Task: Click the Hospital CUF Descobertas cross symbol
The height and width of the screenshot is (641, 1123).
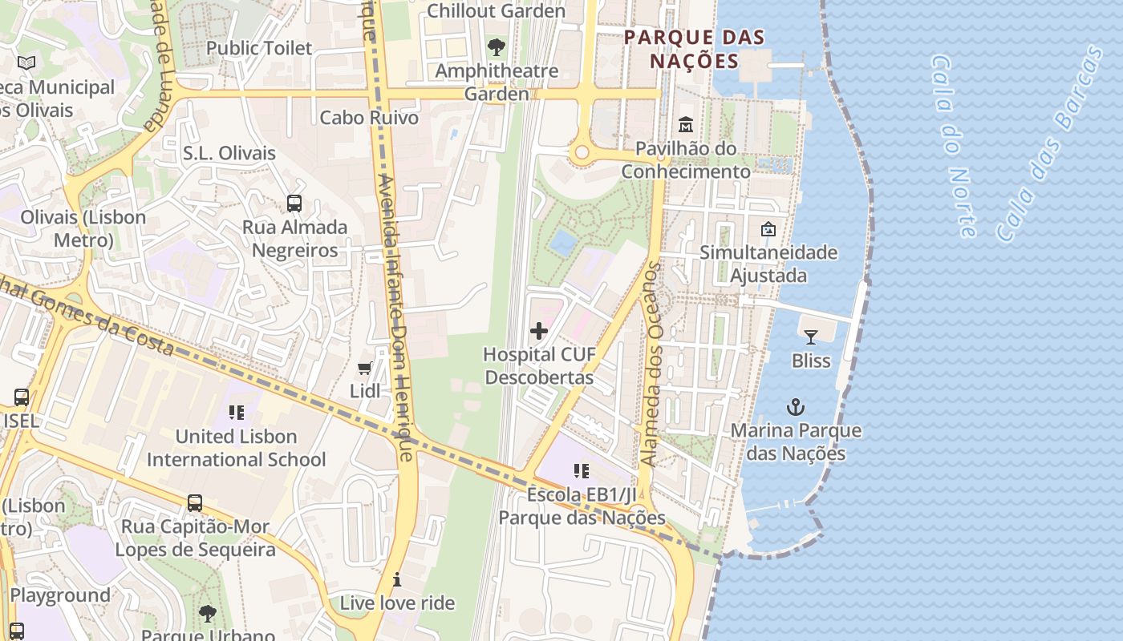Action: pyautogui.click(x=539, y=330)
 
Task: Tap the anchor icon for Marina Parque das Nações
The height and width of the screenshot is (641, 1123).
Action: pyautogui.click(x=795, y=407)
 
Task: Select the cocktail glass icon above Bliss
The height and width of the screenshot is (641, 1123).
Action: pyautogui.click(x=811, y=337)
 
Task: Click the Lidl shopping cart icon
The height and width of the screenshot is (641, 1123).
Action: pyautogui.click(x=365, y=368)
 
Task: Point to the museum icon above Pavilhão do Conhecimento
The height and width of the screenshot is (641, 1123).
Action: pyautogui.click(x=686, y=125)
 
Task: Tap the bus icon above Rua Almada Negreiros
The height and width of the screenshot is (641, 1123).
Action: pyautogui.click(x=294, y=204)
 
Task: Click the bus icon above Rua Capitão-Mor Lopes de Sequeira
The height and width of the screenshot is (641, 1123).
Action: pyautogui.click(x=195, y=503)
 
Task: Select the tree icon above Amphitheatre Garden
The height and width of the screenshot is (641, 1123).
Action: pyautogui.click(x=497, y=47)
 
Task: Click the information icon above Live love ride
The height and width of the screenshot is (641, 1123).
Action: pyautogui.click(x=396, y=579)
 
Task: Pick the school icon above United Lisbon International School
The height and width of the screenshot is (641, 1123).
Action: pyautogui.click(x=236, y=413)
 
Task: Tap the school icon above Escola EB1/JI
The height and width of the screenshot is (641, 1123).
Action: pyautogui.click(x=582, y=471)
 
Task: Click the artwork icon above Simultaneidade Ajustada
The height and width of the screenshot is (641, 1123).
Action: pyautogui.click(x=768, y=229)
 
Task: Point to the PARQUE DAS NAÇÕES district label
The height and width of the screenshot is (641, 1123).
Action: pyautogui.click(x=694, y=49)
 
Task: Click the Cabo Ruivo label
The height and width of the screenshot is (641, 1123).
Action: pyautogui.click(x=369, y=118)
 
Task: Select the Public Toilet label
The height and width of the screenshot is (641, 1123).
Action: pyautogui.click(x=259, y=48)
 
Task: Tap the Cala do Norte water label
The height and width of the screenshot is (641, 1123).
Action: pyautogui.click(x=954, y=146)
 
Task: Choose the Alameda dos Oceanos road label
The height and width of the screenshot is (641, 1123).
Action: pyautogui.click(x=651, y=365)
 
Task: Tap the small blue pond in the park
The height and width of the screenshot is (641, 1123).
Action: pyautogui.click(x=563, y=241)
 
